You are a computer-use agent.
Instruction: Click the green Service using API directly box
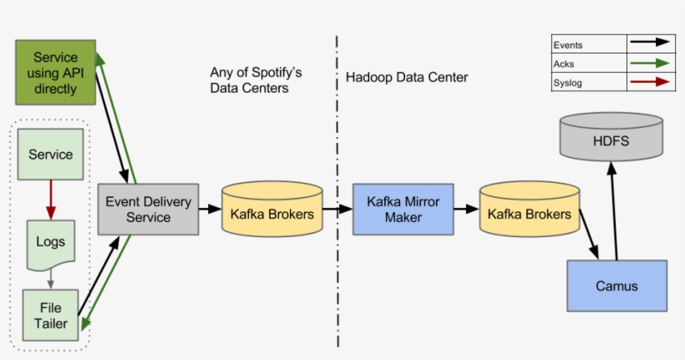click(x=55, y=74)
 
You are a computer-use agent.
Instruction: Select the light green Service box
click(x=50, y=155)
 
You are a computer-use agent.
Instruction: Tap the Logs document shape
click(x=50, y=244)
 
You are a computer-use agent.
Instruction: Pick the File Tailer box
click(x=50, y=316)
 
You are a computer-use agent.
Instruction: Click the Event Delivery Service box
click(x=148, y=209)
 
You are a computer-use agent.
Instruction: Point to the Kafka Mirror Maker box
click(x=402, y=209)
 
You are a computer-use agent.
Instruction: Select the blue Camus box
click(x=616, y=286)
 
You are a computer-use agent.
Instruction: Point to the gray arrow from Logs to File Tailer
click(x=50, y=279)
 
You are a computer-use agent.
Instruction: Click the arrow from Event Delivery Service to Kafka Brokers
click(x=210, y=210)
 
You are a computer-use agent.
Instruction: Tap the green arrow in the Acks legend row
click(x=651, y=63)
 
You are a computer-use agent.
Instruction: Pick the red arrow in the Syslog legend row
click(x=651, y=82)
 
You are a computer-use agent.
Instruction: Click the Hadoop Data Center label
click(x=407, y=78)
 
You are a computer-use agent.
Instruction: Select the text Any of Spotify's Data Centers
click(x=256, y=80)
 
